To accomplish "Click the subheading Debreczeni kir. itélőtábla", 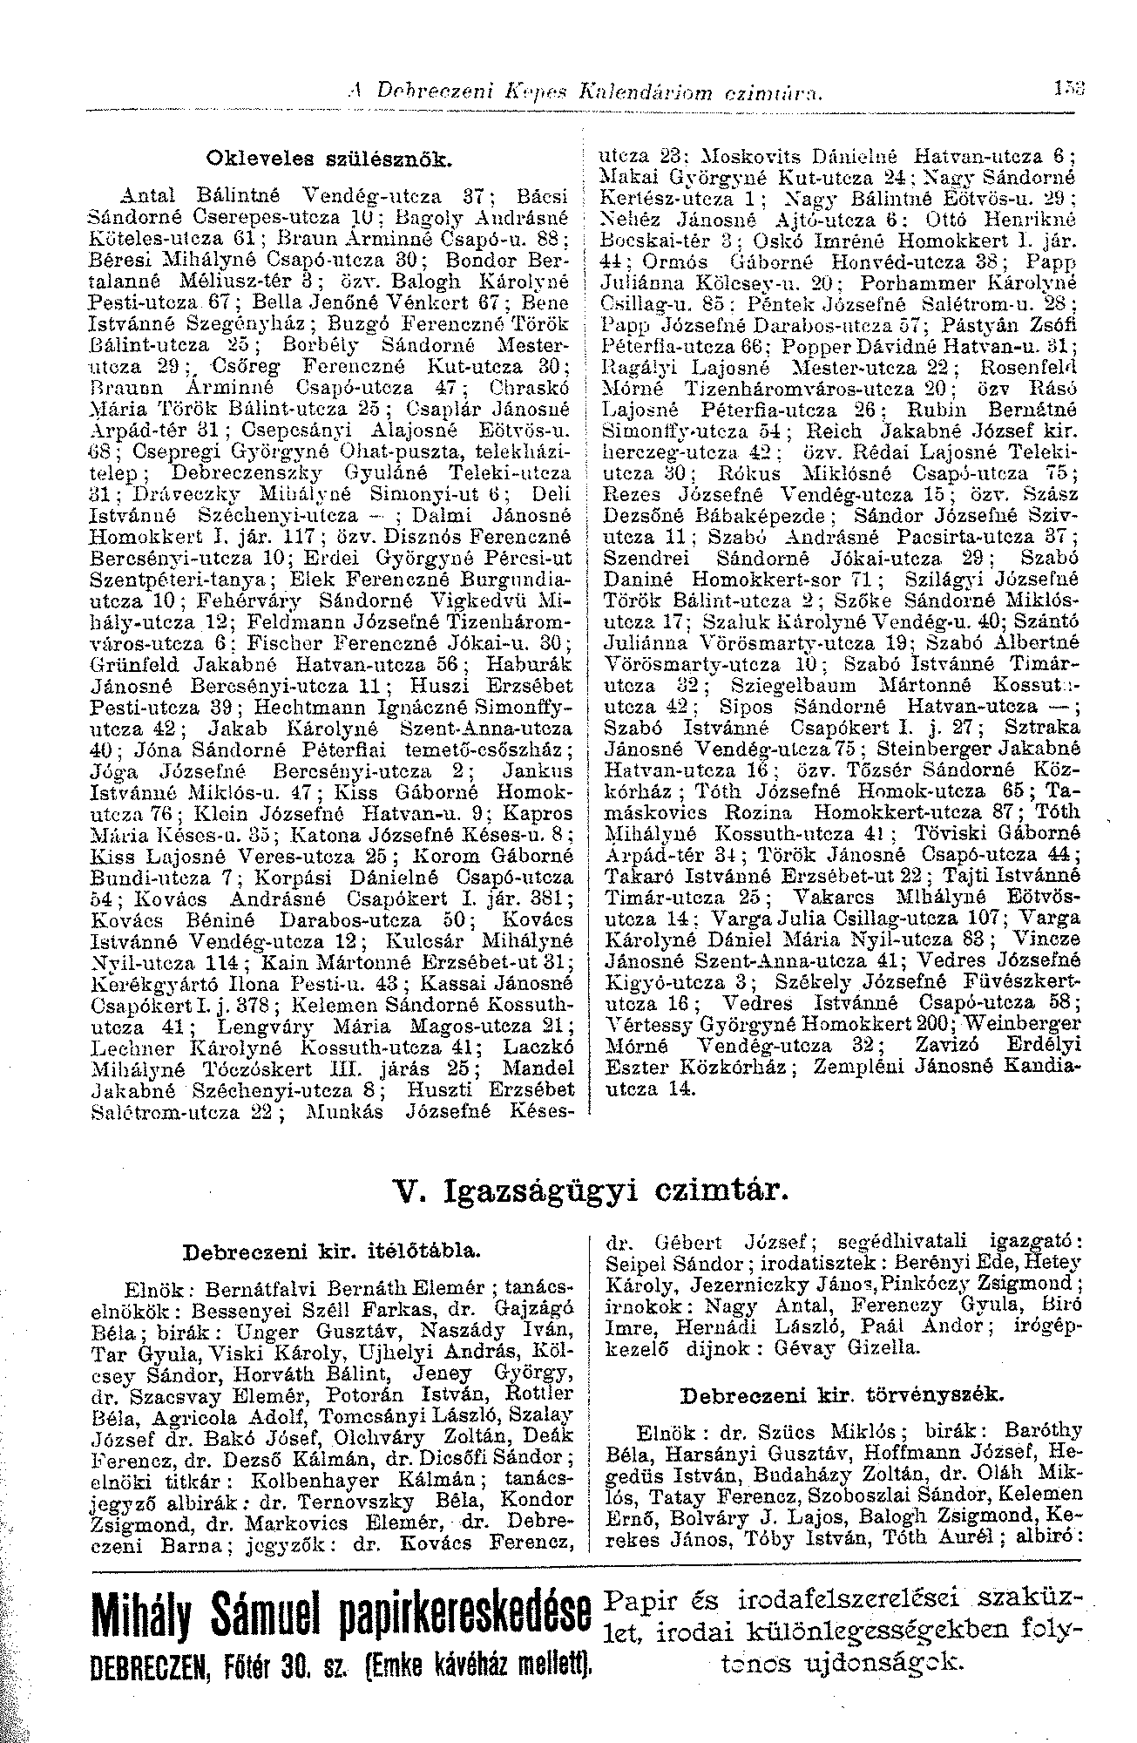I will click(x=333, y=1252).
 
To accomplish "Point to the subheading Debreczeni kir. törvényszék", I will click(x=841, y=1395).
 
